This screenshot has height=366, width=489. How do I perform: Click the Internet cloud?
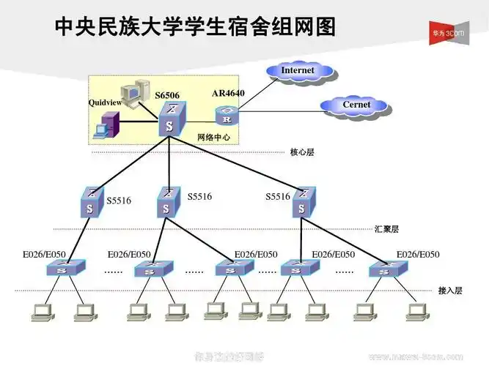pyautogui.click(x=298, y=71)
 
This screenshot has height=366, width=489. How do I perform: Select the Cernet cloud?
pyautogui.click(x=356, y=105)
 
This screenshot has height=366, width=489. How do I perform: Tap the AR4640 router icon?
pyautogui.click(x=227, y=116)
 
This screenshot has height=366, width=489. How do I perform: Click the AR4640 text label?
pyautogui.click(x=228, y=94)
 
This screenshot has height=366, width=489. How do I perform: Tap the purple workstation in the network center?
pyautogui.click(x=103, y=130)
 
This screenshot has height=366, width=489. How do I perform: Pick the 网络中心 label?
pyautogui.click(x=214, y=138)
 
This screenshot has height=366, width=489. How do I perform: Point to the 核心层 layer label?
pyautogui.click(x=302, y=153)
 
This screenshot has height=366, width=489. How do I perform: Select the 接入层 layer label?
pyautogui.click(x=450, y=291)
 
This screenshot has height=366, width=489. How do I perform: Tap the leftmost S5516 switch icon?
pyautogui.click(x=91, y=203)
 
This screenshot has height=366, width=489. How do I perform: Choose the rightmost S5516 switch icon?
pyautogui.click(x=301, y=203)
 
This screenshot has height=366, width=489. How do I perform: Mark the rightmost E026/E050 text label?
pyautogui.click(x=418, y=255)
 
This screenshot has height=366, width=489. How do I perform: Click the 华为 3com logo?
pyautogui.click(x=455, y=32)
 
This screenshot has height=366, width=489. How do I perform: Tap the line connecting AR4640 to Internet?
pyautogui.click(x=257, y=93)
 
